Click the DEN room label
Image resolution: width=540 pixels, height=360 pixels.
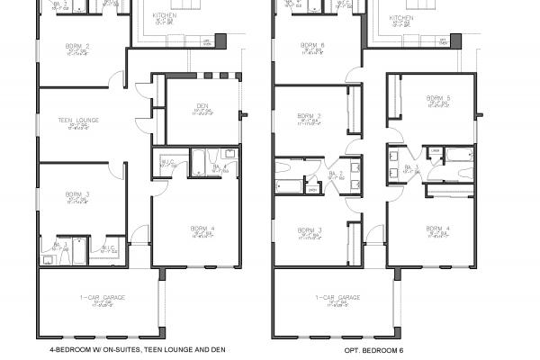[x=202, y=106]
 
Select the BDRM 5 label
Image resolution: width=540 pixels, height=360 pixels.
[x=436, y=97]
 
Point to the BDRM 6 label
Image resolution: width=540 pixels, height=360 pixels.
[x=314, y=44]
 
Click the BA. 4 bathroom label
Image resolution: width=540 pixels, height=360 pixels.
[x=220, y=166]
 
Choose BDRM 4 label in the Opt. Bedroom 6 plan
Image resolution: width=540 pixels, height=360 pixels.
[x=436, y=229]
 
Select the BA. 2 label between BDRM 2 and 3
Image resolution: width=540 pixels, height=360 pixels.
[x=331, y=173]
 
